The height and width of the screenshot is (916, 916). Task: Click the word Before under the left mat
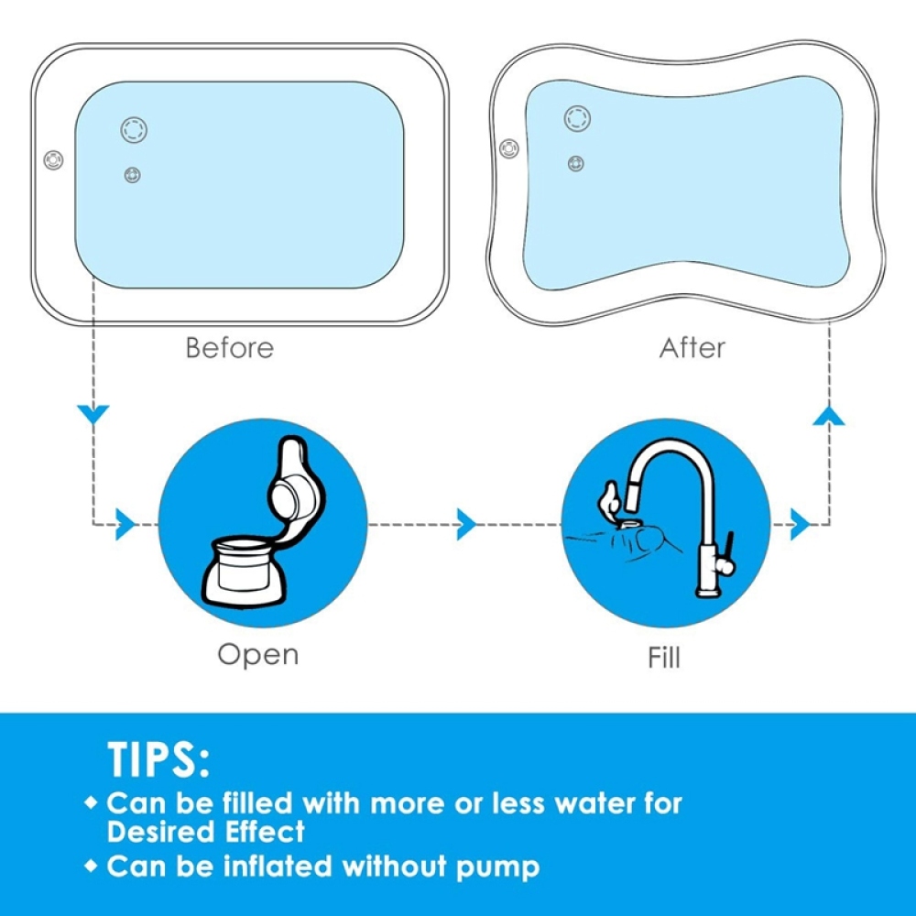[230, 347]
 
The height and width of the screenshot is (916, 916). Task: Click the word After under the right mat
[692, 347]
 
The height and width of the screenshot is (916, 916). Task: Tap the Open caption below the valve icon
[258, 655]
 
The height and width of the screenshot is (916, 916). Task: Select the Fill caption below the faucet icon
[664, 657]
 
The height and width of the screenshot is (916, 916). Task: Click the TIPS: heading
[158, 759]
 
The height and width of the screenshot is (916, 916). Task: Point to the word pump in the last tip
[497, 867]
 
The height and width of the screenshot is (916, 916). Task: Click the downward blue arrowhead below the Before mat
[93, 414]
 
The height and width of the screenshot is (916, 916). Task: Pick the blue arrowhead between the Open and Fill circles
[466, 524]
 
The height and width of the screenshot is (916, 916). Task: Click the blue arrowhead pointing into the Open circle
[125, 524]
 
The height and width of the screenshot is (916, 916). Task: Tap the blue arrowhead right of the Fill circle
[801, 524]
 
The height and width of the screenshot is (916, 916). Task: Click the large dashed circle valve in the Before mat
[134, 129]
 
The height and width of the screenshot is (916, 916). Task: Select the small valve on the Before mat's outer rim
[54, 159]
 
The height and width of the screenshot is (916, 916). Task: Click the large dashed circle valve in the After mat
[577, 118]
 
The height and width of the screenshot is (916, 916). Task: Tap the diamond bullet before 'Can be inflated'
[91, 866]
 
